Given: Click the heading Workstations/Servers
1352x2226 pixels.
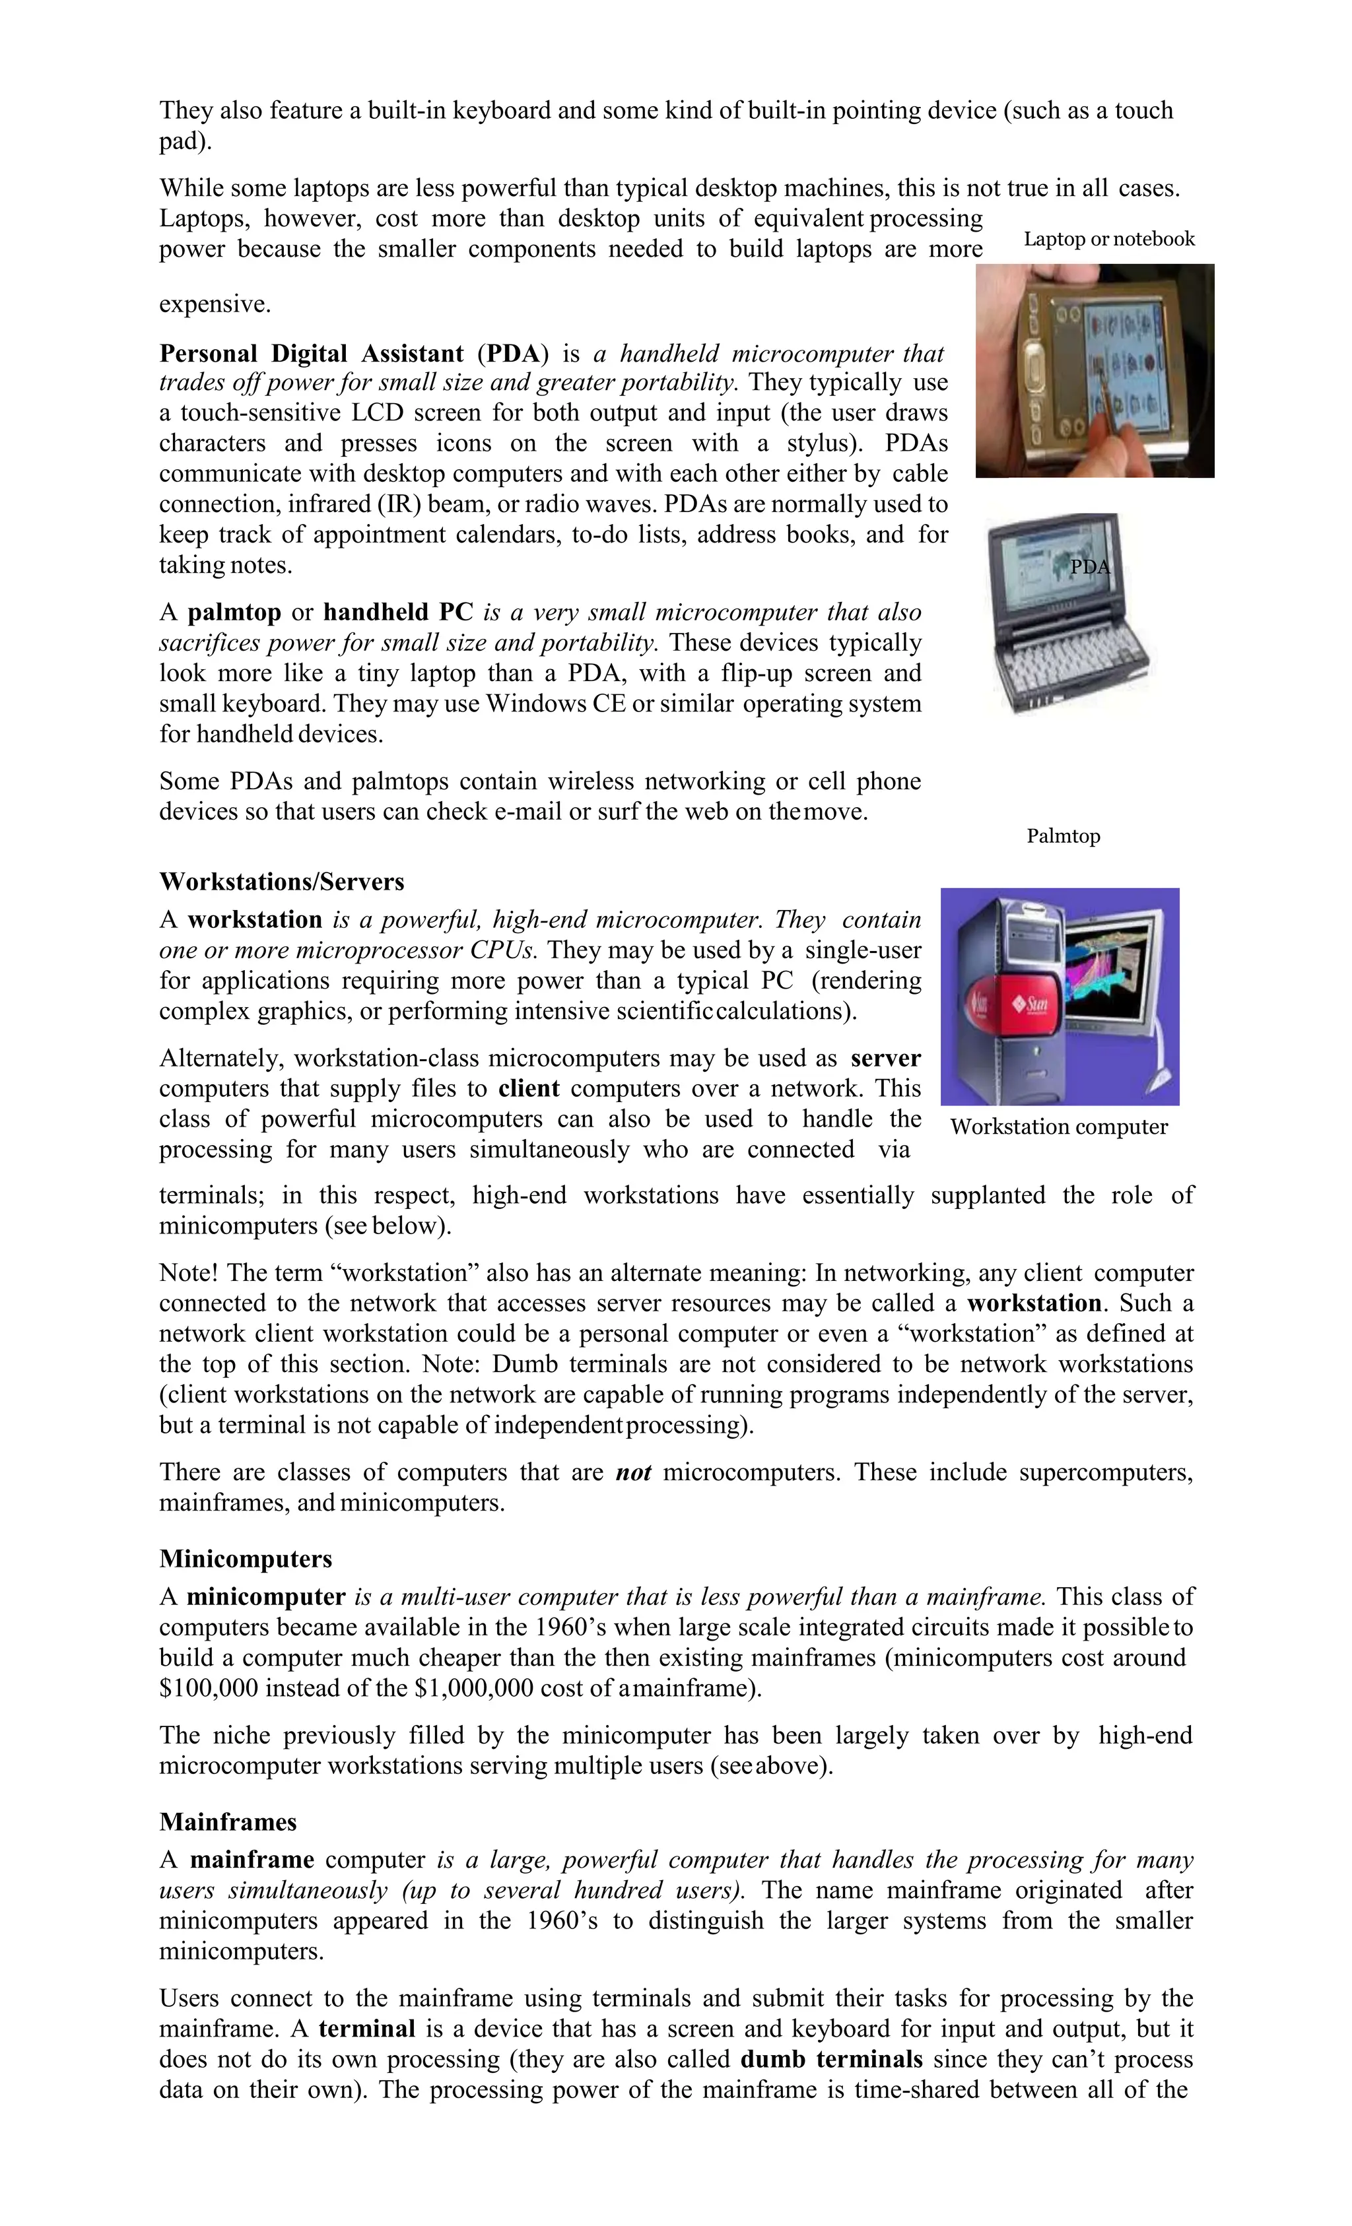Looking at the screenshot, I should pos(281,881).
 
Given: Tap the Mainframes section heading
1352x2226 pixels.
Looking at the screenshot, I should pos(228,1821).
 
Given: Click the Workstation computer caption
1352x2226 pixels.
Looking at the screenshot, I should pos(1058,1127).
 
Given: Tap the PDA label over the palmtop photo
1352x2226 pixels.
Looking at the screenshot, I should pos(1089,566).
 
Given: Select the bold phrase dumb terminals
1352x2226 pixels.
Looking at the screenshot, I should pos(830,2060).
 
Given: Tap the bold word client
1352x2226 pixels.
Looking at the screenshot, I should pos(529,1089).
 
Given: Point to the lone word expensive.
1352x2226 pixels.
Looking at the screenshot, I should pos(215,304).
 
